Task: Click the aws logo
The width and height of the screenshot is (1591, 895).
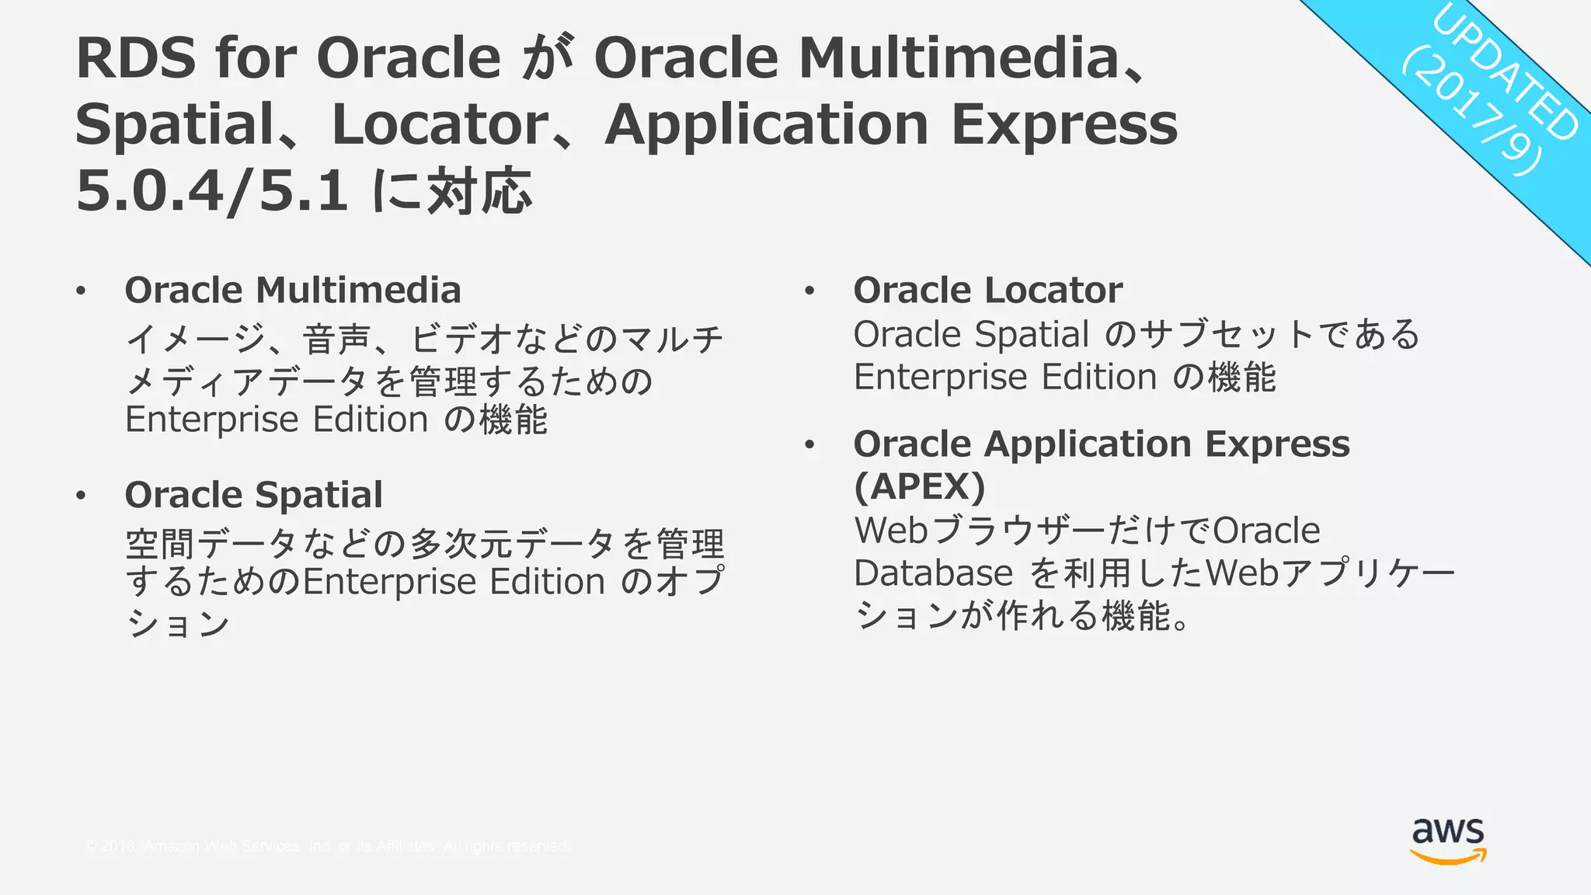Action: tap(1448, 840)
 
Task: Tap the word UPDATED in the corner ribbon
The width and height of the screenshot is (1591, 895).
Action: tap(1506, 74)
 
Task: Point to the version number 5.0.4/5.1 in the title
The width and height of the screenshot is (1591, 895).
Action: tap(211, 191)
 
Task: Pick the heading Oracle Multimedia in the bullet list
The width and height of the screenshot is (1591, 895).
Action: tap(293, 291)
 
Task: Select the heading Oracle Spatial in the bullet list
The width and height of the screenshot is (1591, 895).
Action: tap(253, 495)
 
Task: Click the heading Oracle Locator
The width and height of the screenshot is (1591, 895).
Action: tap(987, 291)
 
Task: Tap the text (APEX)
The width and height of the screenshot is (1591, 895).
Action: tap(919, 487)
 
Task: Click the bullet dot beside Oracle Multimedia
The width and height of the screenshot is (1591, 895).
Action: tap(81, 291)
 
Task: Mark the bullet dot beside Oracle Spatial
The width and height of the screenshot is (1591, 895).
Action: tap(81, 496)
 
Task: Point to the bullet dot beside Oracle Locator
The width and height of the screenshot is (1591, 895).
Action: tap(809, 291)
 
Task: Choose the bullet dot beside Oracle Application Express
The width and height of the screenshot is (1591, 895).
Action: tap(809, 445)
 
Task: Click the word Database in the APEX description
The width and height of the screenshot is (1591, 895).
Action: tap(932, 573)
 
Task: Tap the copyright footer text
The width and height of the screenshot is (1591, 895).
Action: tap(326, 846)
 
